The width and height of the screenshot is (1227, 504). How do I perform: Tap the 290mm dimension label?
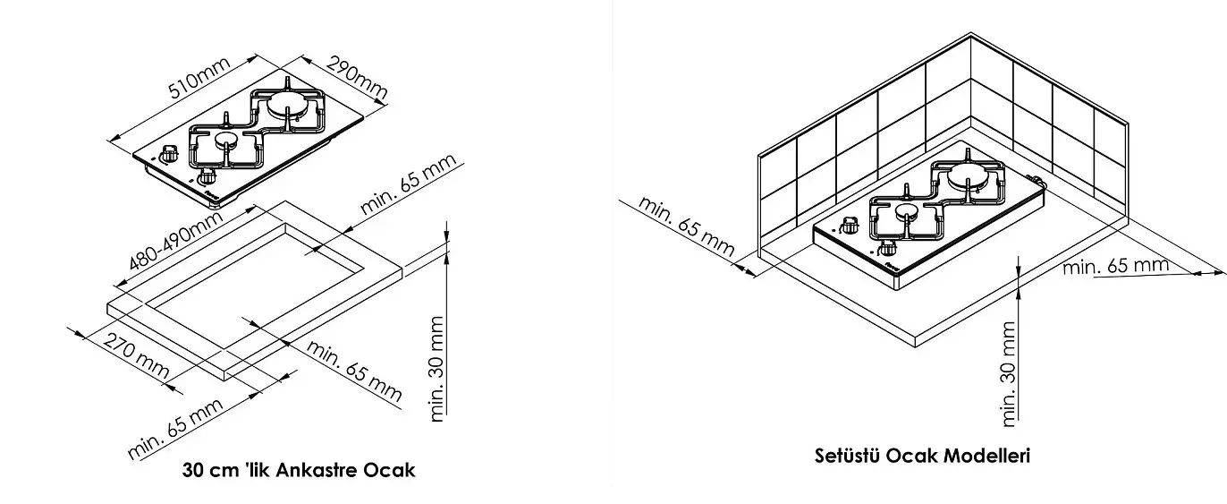pyautogui.click(x=357, y=78)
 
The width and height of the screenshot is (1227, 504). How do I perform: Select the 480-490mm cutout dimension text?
pyautogui.click(x=175, y=240)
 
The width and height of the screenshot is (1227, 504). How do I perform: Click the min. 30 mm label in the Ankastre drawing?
pyautogui.click(x=436, y=369)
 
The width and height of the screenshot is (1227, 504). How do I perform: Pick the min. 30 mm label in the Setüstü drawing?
pyautogui.click(x=1008, y=374)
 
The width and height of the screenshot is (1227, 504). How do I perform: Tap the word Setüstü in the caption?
pyautogui.click(x=847, y=456)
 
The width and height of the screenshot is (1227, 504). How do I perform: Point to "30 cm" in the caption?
pyautogui.click(x=209, y=470)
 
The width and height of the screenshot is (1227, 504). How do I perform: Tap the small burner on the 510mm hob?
pyautogui.click(x=225, y=141)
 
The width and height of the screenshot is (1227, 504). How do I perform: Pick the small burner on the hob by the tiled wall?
pyautogui.click(x=906, y=211)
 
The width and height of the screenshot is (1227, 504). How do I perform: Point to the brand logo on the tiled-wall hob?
pyautogui.click(x=893, y=267)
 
